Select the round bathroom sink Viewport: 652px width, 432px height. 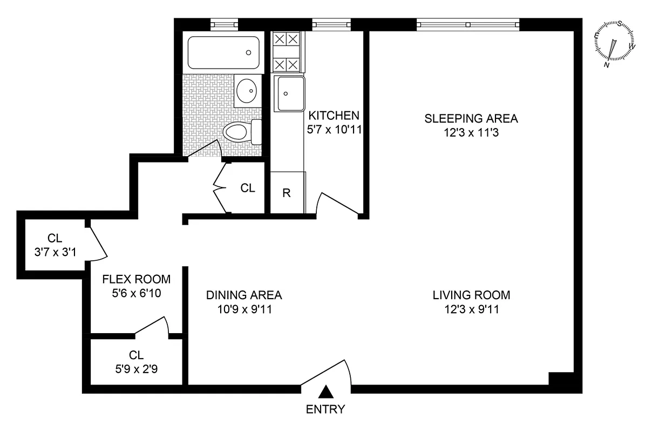click(248, 91)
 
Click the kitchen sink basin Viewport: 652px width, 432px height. click(290, 93)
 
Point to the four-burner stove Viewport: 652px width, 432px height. click(286, 52)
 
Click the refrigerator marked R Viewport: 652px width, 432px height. click(287, 193)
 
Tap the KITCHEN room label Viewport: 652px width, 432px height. click(333, 115)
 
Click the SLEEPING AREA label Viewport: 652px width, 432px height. click(471, 118)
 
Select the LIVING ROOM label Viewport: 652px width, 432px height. click(471, 295)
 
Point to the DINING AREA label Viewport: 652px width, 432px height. click(244, 295)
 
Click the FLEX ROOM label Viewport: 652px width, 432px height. click(136, 280)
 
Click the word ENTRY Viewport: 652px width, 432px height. click(325, 409)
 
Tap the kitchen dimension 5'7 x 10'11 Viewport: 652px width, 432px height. click(333, 130)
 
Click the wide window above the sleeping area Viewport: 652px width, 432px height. click(468, 24)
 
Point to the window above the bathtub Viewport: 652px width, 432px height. click(224, 24)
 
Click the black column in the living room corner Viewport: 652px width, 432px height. click(561, 380)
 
